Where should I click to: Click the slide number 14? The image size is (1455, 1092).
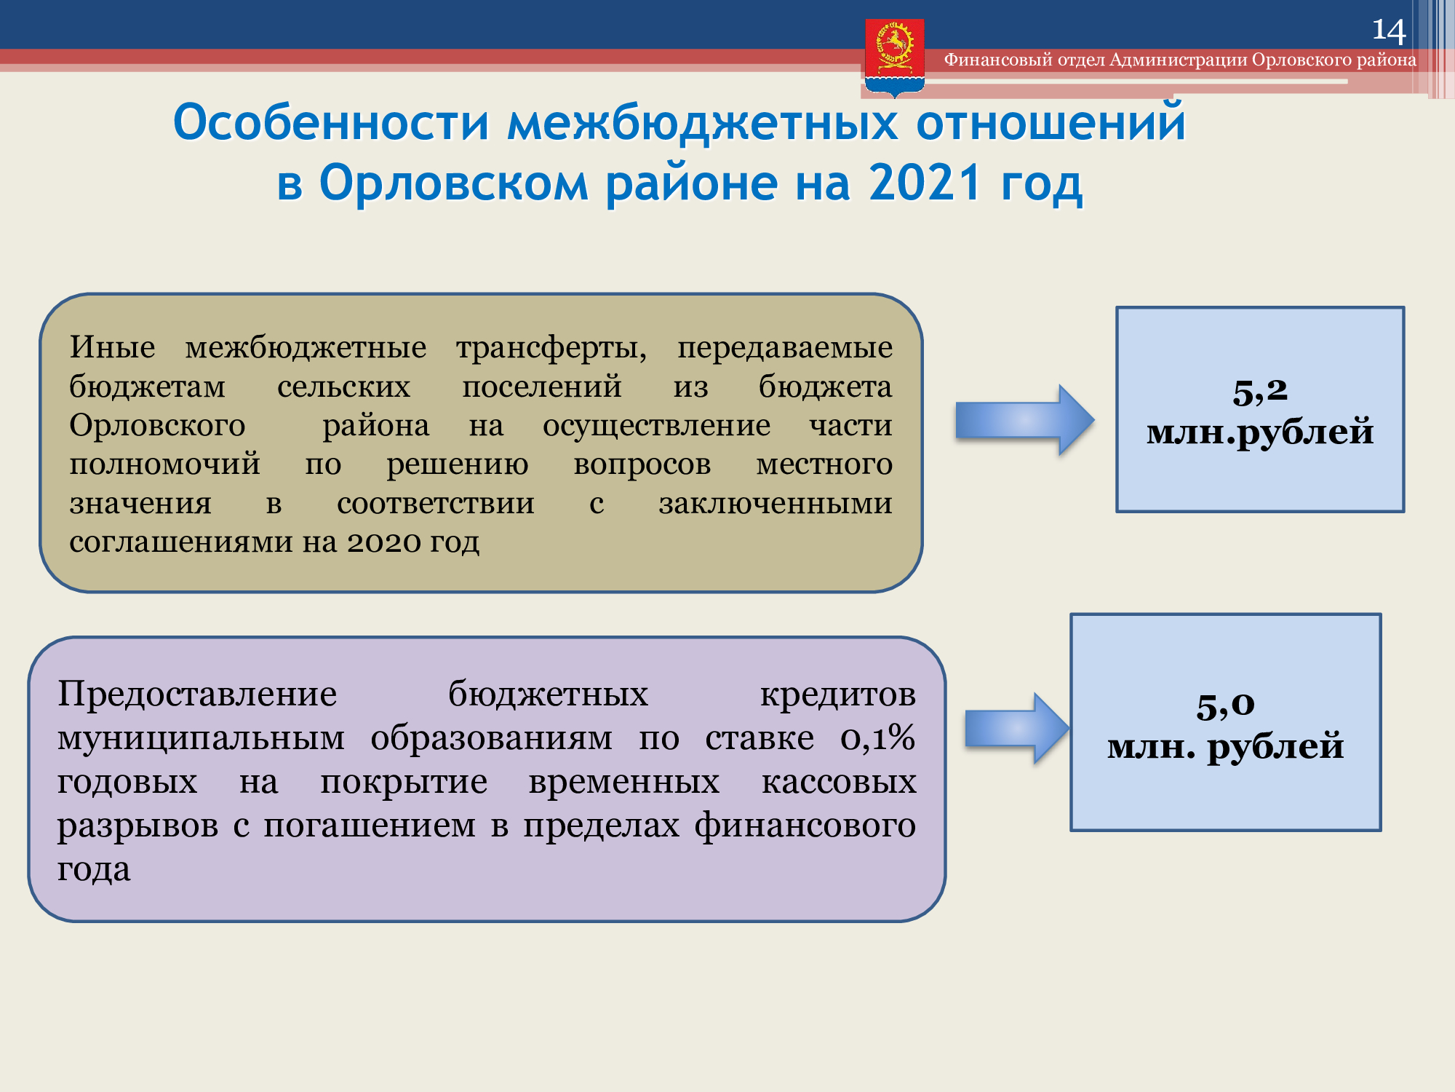(1388, 31)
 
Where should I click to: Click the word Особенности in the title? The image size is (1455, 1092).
(331, 122)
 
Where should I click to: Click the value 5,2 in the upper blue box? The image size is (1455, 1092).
(1260, 392)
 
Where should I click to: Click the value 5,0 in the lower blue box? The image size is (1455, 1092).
(1226, 705)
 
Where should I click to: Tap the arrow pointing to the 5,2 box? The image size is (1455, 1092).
(1025, 420)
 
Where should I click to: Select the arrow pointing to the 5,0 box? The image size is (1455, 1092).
(1017, 728)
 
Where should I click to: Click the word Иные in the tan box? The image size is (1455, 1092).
(112, 347)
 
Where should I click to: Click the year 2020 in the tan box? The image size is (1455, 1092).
(383, 542)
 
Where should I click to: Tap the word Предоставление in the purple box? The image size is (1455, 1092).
(197, 693)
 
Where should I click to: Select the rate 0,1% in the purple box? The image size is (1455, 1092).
(877, 737)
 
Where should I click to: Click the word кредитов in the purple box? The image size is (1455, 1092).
(838, 695)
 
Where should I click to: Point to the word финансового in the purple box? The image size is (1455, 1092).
(805, 826)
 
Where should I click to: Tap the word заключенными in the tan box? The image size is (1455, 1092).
(776, 503)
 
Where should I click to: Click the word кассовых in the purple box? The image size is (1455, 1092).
(839, 782)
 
